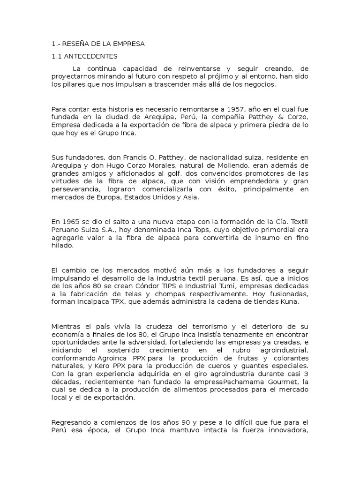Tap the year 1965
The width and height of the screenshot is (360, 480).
coord(68,221)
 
